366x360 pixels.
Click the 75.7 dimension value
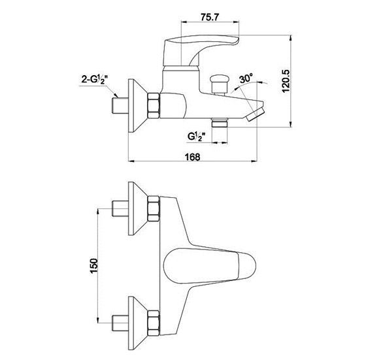tap(210, 17)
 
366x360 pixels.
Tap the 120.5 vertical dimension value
tap(286, 81)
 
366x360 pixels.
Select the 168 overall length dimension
tap(193, 157)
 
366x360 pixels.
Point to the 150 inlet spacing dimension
tap(94, 266)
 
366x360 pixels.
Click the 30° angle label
tap(246, 78)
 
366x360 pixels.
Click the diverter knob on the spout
tap(219, 84)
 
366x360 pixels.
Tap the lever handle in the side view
tap(201, 50)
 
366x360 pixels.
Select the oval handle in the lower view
tap(210, 266)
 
